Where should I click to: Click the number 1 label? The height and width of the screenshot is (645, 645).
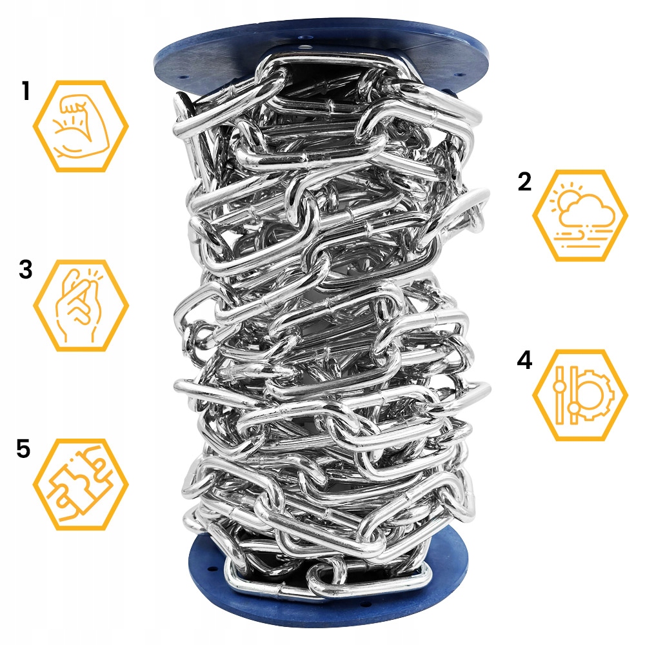(x=26, y=92)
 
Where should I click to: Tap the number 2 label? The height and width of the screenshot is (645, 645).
(x=524, y=181)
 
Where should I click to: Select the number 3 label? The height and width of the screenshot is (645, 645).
(x=26, y=270)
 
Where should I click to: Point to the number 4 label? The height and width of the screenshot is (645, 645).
(x=524, y=360)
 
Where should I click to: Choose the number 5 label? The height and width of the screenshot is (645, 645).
(x=23, y=448)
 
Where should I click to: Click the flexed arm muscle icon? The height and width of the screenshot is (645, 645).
(x=81, y=126)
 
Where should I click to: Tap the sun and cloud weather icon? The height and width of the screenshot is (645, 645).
(x=580, y=215)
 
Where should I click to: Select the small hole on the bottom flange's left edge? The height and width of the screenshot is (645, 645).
(x=212, y=571)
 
